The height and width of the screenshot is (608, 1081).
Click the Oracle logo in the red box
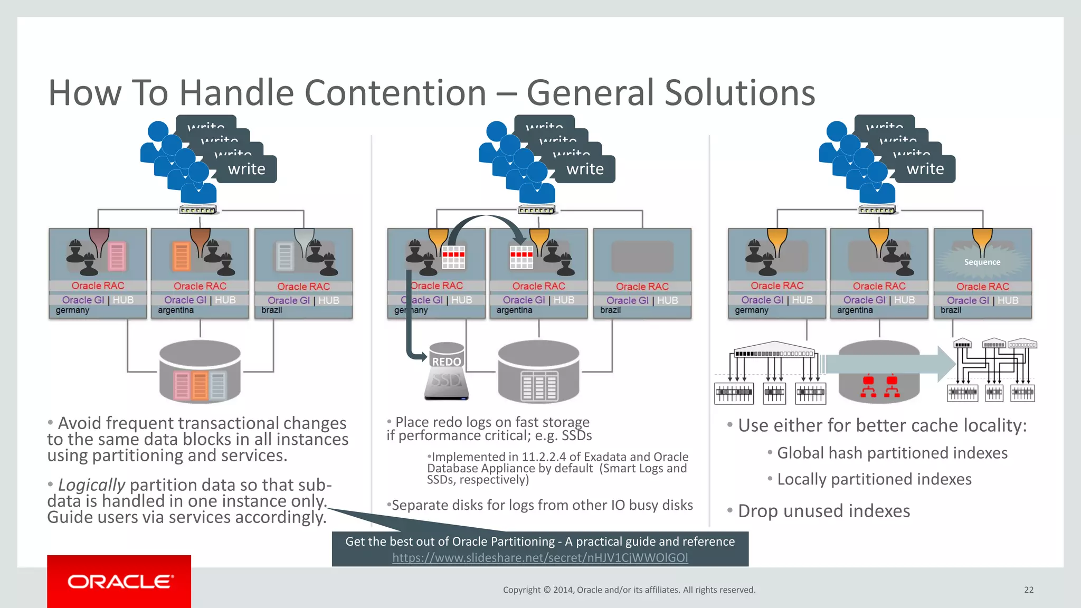point(119,582)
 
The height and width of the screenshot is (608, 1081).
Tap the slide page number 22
point(1028,590)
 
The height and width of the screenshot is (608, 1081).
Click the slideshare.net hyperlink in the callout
point(539,557)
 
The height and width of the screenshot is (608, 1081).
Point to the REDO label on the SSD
point(447,362)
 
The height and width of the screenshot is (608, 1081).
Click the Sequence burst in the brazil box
point(982,262)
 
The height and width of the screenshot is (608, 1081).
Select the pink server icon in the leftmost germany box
point(117,256)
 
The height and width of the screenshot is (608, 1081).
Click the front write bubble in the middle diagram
point(585,169)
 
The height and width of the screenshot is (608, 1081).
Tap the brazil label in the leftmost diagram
point(272,310)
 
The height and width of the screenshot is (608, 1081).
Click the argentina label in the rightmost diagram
point(855,310)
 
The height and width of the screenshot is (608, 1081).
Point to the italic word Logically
point(91,484)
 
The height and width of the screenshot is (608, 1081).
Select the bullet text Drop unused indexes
point(823,511)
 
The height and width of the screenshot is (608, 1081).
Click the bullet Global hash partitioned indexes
point(892,453)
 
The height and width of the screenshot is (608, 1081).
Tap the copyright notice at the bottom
point(629,590)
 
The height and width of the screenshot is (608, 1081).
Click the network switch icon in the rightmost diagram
point(876,210)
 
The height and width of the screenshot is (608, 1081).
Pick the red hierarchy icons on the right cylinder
point(880,386)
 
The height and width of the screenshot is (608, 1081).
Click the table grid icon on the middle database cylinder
point(539,385)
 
